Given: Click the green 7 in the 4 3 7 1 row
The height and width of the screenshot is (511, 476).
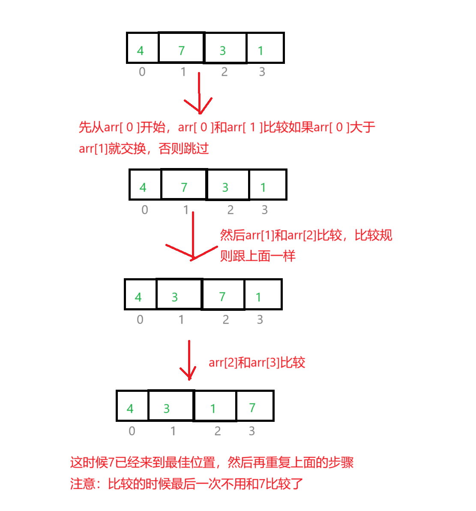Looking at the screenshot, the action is coord(222,297).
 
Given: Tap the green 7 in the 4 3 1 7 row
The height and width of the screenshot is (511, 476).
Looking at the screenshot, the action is coord(252,408).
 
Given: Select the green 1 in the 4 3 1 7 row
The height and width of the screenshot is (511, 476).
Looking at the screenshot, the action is coord(213,409).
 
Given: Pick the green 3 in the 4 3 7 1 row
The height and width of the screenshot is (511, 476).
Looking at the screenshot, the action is coord(175,298).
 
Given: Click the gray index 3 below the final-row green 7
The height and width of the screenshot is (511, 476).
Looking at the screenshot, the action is coord(252,431).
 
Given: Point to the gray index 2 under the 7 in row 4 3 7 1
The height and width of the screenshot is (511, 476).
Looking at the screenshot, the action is coord(226,320).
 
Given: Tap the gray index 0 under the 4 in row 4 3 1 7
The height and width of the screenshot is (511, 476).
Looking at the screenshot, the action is coord(132,431).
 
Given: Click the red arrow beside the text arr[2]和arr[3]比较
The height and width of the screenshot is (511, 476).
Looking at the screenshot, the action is coord(189,360).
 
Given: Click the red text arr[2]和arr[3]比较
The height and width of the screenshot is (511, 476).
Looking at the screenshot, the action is coord(257,363).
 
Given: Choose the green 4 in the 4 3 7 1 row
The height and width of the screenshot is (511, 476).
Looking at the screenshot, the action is coord(138,298).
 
